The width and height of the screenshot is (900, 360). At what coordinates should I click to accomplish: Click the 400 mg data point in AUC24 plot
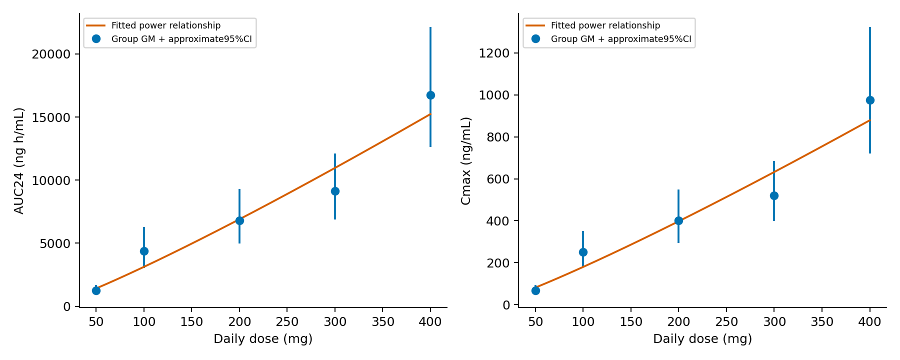pyautogui.click(x=430, y=95)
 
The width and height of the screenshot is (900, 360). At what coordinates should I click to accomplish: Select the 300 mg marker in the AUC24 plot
pyautogui.click(x=335, y=191)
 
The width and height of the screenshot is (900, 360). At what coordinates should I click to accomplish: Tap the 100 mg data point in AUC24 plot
pyautogui.click(x=144, y=251)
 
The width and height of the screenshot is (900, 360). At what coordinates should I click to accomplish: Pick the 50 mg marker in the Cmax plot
pyautogui.click(x=535, y=290)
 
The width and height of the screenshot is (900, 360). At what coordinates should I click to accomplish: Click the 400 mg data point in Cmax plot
pyautogui.click(x=870, y=100)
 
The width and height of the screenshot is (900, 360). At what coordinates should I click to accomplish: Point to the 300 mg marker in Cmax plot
pyautogui.click(x=774, y=195)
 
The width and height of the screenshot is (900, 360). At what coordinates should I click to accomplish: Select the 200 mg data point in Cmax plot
pyautogui.click(x=678, y=220)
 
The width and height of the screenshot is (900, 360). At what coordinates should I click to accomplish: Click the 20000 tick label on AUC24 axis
pyautogui.click(x=51, y=54)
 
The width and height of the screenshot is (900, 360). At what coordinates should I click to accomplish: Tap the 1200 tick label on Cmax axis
pyautogui.click(x=494, y=53)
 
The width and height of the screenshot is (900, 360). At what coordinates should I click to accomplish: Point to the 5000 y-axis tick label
pyautogui.click(x=55, y=243)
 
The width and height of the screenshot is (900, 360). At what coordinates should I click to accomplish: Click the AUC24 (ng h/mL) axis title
pyautogui.click(x=19, y=160)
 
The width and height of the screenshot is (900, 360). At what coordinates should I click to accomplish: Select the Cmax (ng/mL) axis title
pyautogui.click(x=465, y=160)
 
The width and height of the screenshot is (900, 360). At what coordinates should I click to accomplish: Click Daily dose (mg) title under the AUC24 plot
pyautogui.click(x=263, y=339)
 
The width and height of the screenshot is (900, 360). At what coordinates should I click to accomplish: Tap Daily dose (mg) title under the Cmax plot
pyautogui.click(x=702, y=339)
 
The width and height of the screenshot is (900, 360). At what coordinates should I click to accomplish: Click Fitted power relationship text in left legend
pyautogui.click(x=166, y=25)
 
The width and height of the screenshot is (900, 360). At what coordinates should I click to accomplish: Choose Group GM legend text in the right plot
pyautogui.click(x=621, y=39)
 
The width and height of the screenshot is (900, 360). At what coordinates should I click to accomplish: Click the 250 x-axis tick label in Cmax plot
pyautogui.click(x=726, y=322)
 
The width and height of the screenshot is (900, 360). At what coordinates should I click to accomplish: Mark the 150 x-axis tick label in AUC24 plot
pyautogui.click(x=191, y=322)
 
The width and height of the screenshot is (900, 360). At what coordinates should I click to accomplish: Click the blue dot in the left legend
pyautogui.click(x=96, y=38)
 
